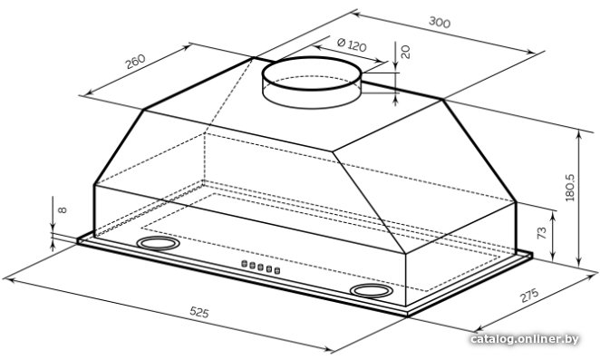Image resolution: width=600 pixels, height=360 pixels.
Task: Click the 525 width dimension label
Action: (199, 313)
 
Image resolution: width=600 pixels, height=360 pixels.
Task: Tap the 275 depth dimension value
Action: (529, 295)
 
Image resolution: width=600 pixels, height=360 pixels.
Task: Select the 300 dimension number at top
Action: (440, 22)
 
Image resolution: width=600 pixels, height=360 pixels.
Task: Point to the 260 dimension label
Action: (135, 62)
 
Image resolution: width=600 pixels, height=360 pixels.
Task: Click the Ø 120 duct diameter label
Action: (352, 44)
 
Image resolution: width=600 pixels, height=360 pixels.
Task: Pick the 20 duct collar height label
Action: (405, 52)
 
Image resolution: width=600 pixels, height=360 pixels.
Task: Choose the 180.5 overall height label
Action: (570, 188)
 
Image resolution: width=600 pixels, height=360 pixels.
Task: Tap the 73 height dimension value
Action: (542, 233)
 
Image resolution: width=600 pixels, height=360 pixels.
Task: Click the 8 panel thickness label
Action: (63, 209)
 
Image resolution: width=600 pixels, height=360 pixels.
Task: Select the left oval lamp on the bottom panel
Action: (158, 243)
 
